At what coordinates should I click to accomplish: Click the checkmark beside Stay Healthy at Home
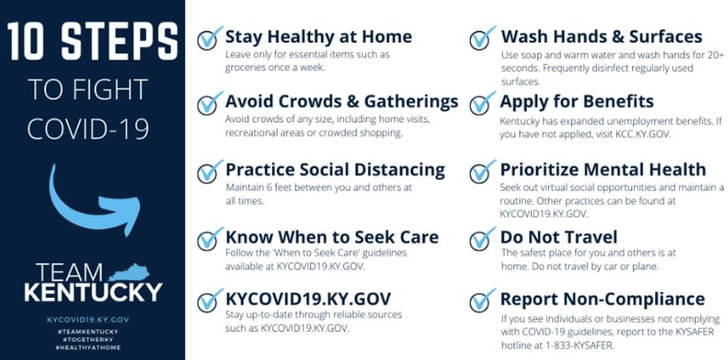pyautogui.click(x=210, y=38)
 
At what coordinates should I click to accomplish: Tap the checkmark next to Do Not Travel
pyautogui.click(x=482, y=239)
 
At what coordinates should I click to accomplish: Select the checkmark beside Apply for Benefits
pyautogui.click(x=482, y=103)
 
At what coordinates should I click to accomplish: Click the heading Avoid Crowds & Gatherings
pyautogui.click(x=341, y=101)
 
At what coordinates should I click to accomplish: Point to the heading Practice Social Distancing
pyautogui.click(x=335, y=169)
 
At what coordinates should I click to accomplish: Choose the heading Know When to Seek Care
pyautogui.click(x=332, y=237)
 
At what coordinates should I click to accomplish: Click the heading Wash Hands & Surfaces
pyautogui.click(x=601, y=36)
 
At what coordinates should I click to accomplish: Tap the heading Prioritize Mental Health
pyautogui.click(x=603, y=169)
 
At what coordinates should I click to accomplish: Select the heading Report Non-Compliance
pyautogui.click(x=602, y=299)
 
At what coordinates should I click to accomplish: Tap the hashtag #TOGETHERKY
pyautogui.click(x=87, y=339)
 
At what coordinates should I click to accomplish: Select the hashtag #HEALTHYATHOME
pyautogui.click(x=87, y=347)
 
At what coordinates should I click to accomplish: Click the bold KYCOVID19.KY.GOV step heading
pyautogui.click(x=308, y=299)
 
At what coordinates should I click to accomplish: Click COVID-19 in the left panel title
pyautogui.click(x=88, y=129)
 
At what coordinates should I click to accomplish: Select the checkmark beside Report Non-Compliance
pyautogui.click(x=482, y=301)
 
